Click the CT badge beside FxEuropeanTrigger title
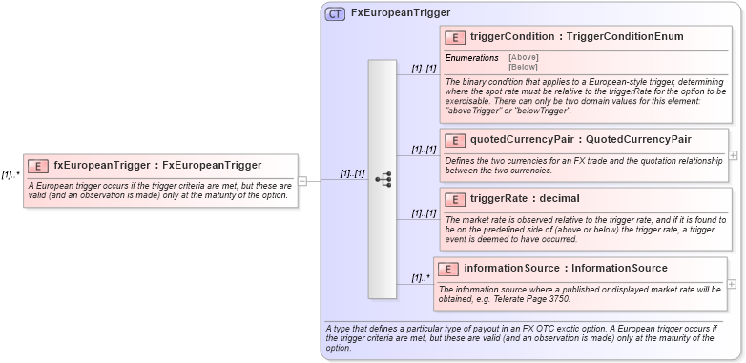pos(335,14)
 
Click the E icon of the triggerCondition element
pos(456,37)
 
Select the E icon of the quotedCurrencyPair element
pos(456,140)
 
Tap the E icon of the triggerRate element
pos(456,199)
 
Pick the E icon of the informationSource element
pos(449,269)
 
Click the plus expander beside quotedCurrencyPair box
pos(733,154)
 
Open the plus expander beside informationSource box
pos(733,283)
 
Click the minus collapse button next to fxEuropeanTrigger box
pos(302,179)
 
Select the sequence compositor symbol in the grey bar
pos(383,179)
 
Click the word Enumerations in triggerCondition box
pos(472,58)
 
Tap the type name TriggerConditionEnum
pos(625,37)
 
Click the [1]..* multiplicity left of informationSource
pos(421,278)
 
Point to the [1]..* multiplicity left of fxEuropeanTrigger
pos(10,174)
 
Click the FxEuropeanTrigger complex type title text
pos(401,14)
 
